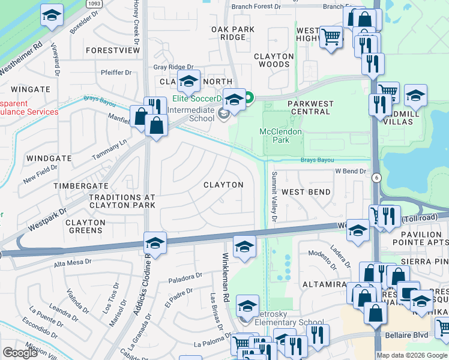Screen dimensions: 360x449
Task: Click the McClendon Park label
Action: [x=281, y=136]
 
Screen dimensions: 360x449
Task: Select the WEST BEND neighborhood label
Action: [x=306, y=192]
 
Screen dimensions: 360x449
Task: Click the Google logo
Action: [x=20, y=353]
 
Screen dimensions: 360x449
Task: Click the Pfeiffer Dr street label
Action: [x=116, y=73]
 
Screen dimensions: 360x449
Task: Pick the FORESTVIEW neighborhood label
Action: [x=112, y=51]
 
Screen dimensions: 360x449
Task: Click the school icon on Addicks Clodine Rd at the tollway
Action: [x=155, y=243]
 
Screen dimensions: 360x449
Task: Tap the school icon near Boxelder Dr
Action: [x=52, y=15]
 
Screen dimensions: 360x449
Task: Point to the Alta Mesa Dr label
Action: [x=73, y=262]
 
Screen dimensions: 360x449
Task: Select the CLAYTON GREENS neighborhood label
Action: [x=85, y=226]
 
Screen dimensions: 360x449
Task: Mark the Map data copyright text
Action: [x=412, y=355]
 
